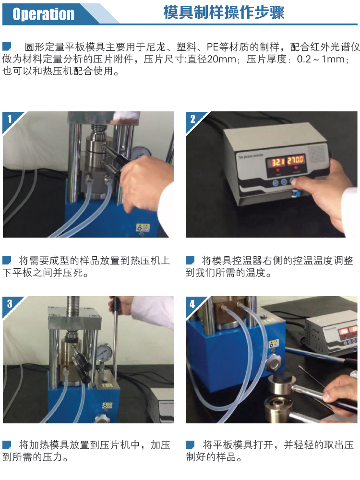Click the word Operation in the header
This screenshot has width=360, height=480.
(x=43, y=14)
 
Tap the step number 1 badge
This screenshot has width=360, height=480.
(x=10, y=119)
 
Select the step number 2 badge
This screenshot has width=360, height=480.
(x=193, y=119)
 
